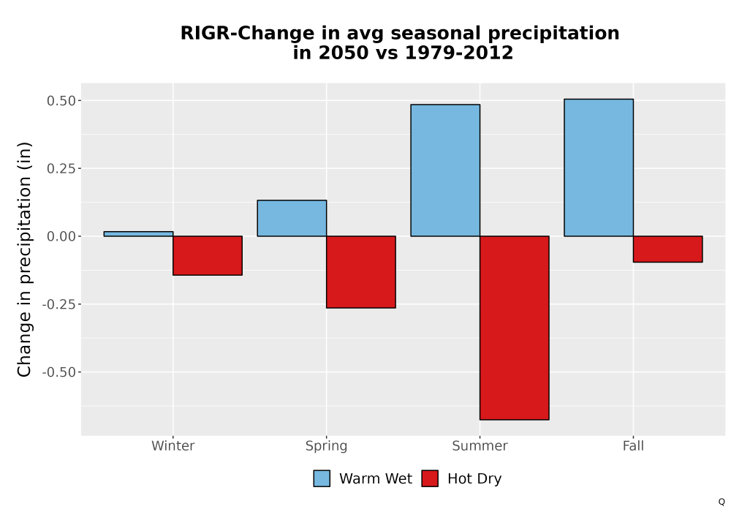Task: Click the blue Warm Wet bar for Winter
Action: (138, 234)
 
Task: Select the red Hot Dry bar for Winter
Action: (208, 255)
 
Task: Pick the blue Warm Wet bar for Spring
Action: (292, 218)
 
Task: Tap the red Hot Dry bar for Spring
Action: (361, 272)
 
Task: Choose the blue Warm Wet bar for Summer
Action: (445, 170)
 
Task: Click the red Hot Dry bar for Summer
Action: (514, 328)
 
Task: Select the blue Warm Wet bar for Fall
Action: (599, 167)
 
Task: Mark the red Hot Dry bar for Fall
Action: (667, 249)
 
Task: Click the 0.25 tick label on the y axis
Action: (61, 169)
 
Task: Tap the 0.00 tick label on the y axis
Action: (61, 236)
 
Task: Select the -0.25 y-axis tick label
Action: (58, 304)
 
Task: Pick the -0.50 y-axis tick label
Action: (58, 372)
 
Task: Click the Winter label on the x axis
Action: (173, 445)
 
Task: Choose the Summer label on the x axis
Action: (480, 445)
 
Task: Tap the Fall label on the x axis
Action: (633, 445)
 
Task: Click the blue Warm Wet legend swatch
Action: (322, 478)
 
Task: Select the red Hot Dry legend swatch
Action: (430, 478)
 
